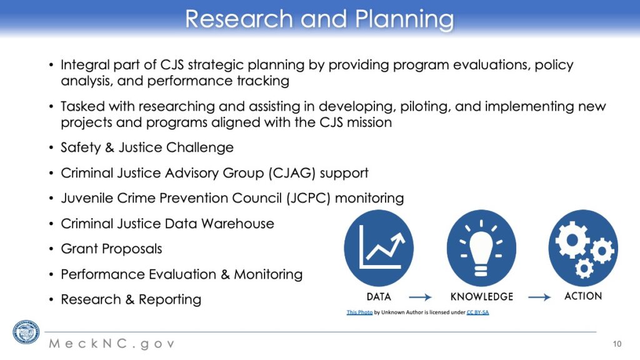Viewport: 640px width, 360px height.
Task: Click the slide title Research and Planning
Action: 319,19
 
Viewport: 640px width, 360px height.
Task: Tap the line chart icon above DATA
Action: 379,248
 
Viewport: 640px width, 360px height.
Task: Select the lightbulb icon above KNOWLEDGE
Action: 481,248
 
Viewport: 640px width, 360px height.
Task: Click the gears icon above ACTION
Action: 583,248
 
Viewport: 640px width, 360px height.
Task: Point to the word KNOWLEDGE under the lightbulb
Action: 482,297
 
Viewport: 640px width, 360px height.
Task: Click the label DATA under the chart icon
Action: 379,297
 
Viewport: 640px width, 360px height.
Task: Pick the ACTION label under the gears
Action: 583,296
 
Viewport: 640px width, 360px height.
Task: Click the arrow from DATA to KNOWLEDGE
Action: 421,297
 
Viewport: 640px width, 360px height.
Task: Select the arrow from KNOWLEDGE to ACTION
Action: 539,297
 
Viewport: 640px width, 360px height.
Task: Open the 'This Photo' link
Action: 359,312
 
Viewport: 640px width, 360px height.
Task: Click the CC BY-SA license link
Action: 477,312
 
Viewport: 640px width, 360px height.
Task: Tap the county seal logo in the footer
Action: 26,332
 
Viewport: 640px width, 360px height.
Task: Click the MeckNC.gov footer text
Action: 112,344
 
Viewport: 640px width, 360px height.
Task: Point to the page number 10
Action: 617,344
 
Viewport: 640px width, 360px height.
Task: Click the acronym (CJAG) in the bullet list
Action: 292,173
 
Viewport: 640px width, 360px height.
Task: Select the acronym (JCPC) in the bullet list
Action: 308,198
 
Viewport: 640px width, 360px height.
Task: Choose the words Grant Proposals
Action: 111,249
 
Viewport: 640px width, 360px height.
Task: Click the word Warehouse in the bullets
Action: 237,224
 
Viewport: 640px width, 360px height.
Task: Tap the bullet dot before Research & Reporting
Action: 51,300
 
